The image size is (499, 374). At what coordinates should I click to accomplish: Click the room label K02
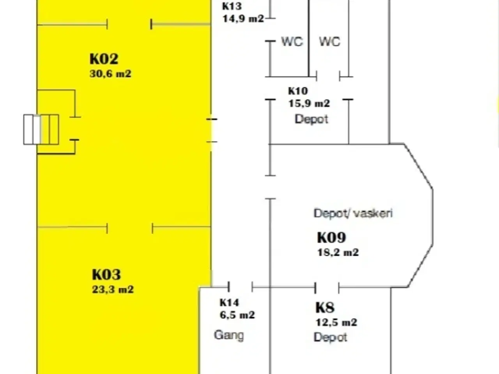pyautogui.click(x=104, y=59)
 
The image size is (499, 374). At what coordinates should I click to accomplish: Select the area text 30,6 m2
pyautogui.click(x=110, y=74)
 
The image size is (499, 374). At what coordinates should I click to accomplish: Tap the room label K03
pyautogui.click(x=106, y=275)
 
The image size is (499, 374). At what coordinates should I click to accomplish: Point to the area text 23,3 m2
pyautogui.click(x=113, y=289)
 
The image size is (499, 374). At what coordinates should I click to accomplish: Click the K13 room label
pyautogui.click(x=232, y=6)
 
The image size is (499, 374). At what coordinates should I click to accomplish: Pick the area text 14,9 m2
pyautogui.click(x=243, y=19)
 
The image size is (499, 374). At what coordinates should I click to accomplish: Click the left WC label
pyautogui.click(x=292, y=41)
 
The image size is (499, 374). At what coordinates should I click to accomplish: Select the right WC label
pyautogui.click(x=329, y=41)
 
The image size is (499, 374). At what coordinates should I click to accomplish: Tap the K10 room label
pyautogui.click(x=298, y=91)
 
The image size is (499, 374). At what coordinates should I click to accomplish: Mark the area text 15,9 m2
pyautogui.click(x=309, y=104)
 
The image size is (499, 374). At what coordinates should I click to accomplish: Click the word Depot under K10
pyautogui.click(x=311, y=119)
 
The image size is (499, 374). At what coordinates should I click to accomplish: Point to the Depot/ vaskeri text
pyautogui.click(x=353, y=213)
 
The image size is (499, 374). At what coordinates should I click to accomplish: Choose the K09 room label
pyautogui.click(x=331, y=238)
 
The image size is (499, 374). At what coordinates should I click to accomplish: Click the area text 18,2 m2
pyautogui.click(x=338, y=252)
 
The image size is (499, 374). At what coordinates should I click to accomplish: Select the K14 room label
pyautogui.click(x=229, y=303)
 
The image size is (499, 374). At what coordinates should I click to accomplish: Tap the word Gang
pyautogui.click(x=229, y=335)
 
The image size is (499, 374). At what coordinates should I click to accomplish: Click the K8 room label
pyautogui.click(x=325, y=308)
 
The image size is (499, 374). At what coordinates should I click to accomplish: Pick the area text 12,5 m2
pyautogui.click(x=336, y=323)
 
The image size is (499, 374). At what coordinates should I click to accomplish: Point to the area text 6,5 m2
pyautogui.click(x=237, y=315)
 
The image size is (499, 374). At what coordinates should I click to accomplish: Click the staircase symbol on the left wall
pyautogui.click(x=41, y=129)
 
